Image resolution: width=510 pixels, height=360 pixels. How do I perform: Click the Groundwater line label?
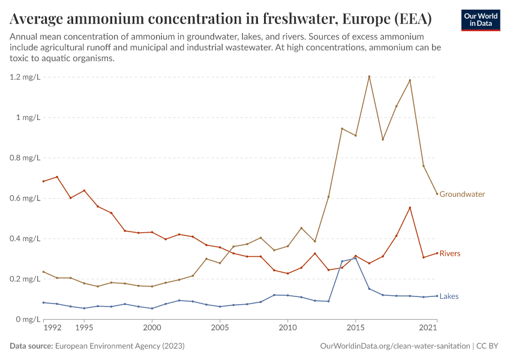tap(462, 194)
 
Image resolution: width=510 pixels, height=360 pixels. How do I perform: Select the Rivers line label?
tap(450, 254)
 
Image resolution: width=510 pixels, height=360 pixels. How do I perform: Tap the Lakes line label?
tap(449, 296)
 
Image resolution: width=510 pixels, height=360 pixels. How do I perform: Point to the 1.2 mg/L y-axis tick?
tap(24, 77)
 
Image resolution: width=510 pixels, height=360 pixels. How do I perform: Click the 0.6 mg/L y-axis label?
tap(24, 199)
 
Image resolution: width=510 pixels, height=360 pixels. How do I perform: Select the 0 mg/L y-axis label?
tap(28, 319)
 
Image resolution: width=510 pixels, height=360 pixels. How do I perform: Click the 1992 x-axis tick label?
tap(52, 328)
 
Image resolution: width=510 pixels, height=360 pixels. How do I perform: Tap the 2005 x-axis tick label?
tap(220, 328)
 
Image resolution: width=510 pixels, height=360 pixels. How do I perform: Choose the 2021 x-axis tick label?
tap(427, 328)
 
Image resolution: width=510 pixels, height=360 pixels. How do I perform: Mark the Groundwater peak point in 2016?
tap(369, 77)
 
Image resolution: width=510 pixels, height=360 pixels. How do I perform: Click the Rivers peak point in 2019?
tap(410, 208)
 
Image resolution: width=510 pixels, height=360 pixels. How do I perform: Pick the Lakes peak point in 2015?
tap(355, 258)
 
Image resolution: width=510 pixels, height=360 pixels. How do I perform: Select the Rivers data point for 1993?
tap(57, 177)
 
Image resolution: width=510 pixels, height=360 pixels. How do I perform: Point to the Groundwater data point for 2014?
tap(342, 128)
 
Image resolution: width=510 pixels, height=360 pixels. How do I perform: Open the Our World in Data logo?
tap(480, 20)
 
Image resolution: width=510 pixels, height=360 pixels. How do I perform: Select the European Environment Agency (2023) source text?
tap(119, 346)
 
